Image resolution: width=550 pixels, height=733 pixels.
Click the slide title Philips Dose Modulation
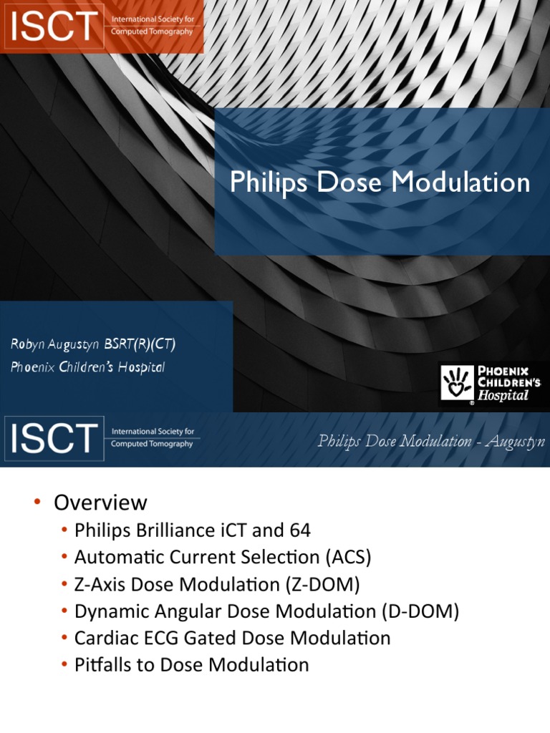tap(380, 183)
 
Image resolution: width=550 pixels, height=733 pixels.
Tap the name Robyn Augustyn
tap(56, 344)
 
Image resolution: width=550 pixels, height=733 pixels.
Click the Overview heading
tap(100, 503)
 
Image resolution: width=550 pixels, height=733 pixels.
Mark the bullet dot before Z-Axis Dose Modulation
tap(65, 584)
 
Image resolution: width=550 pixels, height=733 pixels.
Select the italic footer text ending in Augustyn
tap(431, 441)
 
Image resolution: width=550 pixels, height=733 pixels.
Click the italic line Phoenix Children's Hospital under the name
tap(87, 367)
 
